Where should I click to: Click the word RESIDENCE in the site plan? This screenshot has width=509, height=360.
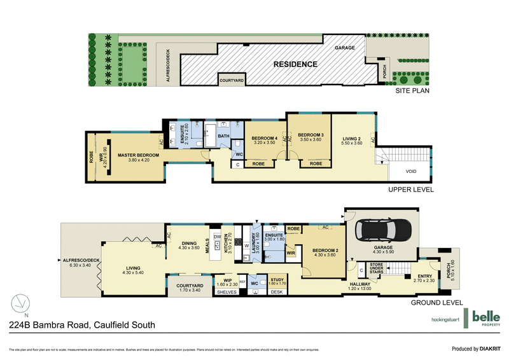tap(295, 64)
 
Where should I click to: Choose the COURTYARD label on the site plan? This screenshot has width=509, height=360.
tap(232, 81)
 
